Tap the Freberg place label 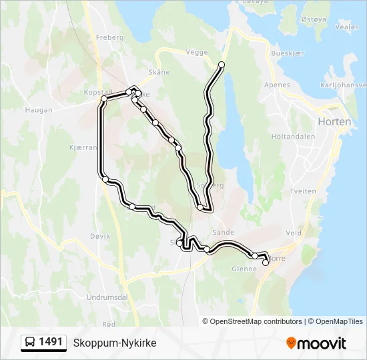110,38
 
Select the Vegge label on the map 197,51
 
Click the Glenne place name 244,269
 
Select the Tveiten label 304,191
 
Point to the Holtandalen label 292,137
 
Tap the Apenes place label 277,85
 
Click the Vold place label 294,233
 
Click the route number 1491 51,342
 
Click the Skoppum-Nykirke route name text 115,343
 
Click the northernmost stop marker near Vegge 222,65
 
